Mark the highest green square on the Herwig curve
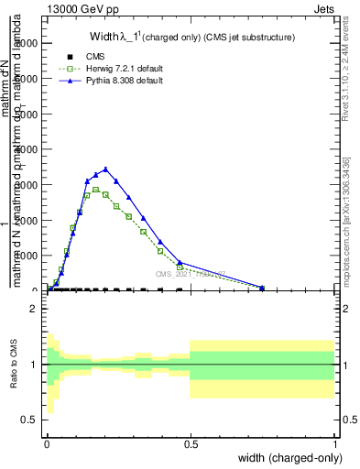[95, 190]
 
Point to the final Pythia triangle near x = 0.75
[262, 288]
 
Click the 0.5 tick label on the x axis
[190, 443]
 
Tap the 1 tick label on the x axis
[334, 443]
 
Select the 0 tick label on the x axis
[47, 443]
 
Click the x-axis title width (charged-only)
[284, 457]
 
